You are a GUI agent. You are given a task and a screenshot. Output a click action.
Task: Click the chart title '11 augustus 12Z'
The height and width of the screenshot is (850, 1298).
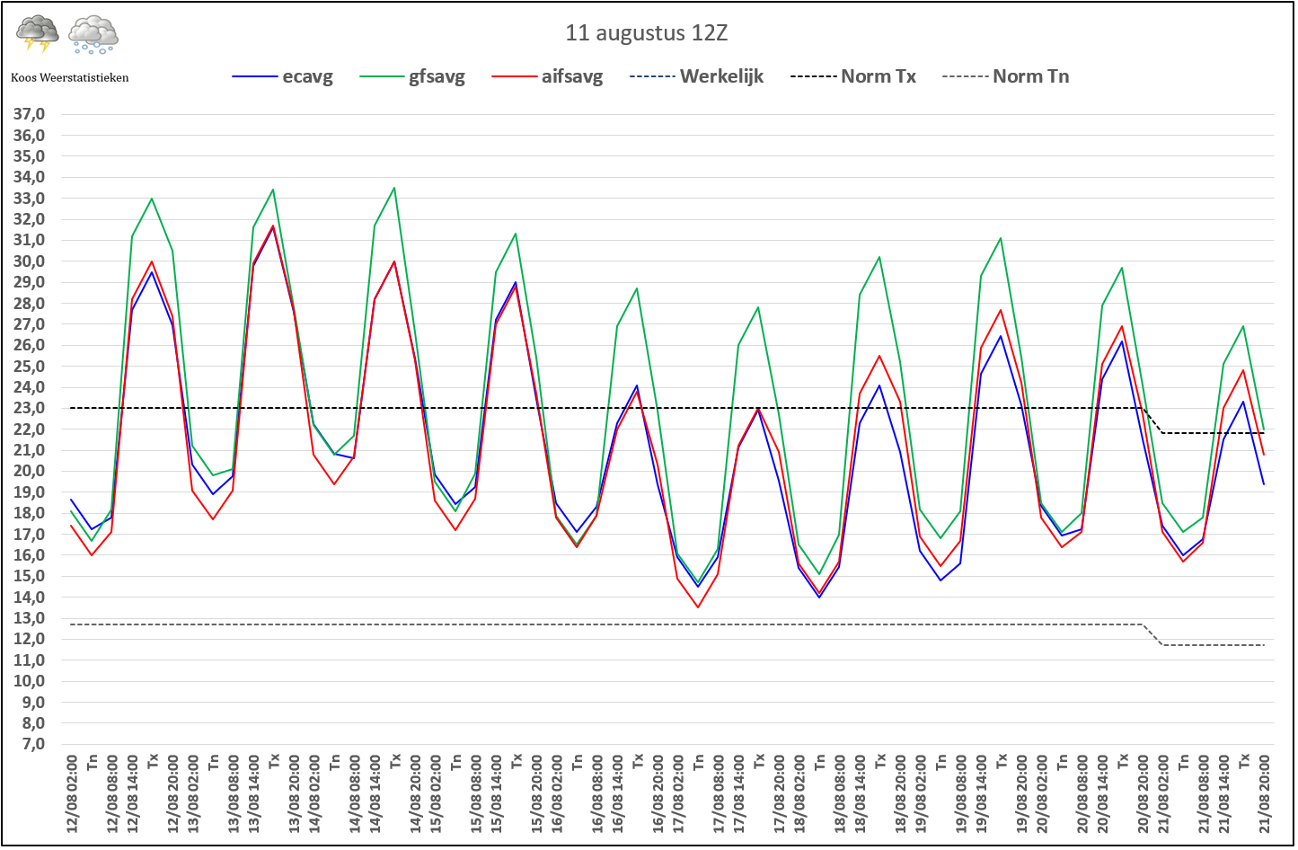coord(646,33)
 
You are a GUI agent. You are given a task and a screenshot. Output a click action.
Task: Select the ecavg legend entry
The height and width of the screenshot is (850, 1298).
coord(283,76)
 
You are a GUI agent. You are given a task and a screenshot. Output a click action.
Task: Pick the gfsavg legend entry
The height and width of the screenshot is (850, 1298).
coord(412,76)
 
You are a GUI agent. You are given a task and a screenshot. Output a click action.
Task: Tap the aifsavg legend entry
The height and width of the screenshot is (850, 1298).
coord(547,76)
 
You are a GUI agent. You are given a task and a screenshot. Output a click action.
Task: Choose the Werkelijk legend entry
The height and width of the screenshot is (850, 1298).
coord(696,76)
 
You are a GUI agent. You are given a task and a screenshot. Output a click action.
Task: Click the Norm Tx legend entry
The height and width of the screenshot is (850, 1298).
coord(853,76)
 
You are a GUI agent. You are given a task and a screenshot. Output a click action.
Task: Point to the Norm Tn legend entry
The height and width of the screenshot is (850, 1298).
coord(1005,76)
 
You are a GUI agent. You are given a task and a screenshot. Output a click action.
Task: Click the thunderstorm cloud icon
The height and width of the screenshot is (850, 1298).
coord(38,33)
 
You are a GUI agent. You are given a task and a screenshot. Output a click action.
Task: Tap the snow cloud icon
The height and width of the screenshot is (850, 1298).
coord(93,35)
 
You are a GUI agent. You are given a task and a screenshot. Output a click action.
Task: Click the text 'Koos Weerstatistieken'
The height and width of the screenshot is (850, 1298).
coord(69,77)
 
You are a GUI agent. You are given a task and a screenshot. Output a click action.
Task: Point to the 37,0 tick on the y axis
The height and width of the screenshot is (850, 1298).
coord(29,114)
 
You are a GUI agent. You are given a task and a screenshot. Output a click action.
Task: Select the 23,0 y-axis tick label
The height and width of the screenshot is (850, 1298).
coord(29,408)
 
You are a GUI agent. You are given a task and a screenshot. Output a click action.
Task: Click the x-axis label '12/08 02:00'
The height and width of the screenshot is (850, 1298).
coord(72,793)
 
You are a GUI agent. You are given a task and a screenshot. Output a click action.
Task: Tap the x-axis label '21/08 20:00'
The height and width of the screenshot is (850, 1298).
coord(1265,793)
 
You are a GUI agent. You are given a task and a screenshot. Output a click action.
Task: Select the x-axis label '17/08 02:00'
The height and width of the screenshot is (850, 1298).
coord(678,793)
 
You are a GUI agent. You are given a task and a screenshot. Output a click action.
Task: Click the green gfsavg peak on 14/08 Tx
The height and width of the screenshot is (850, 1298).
coord(394,187)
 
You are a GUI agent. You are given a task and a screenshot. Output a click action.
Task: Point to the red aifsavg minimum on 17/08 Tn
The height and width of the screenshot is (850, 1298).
coord(698,607)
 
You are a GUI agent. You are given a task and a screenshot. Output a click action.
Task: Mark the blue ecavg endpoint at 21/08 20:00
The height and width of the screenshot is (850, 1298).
coord(1264,484)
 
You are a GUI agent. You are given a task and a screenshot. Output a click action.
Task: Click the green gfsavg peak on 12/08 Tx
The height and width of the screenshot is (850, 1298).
coord(152,199)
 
